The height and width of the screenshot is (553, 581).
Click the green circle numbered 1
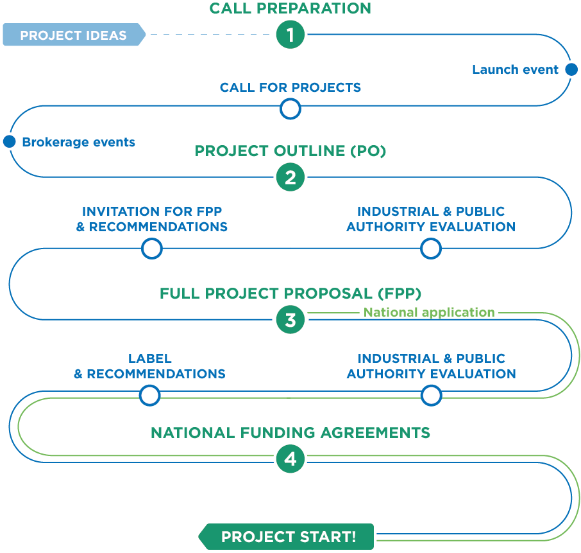pyautogui.click(x=290, y=35)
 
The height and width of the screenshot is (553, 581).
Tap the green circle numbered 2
pyautogui.click(x=290, y=177)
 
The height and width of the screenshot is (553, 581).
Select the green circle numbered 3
pyautogui.click(x=290, y=319)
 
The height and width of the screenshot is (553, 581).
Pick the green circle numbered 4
pyautogui.click(x=290, y=459)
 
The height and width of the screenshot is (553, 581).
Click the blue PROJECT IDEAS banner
pyautogui.click(x=73, y=35)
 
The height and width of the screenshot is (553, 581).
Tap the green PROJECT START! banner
pyautogui.click(x=287, y=536)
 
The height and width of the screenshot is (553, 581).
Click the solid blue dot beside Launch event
pyautogui.click(x=571, y=70)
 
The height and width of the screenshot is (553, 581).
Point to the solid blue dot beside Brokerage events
pyautogui.click(x=9, y=141)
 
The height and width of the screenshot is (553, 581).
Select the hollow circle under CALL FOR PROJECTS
pyautogui.click(x=290, y=109)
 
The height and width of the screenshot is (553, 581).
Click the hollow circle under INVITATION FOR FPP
pyautogui.click(x=151, y=248)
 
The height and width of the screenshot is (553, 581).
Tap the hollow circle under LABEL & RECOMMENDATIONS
pyautogui.click(x=149, y=395)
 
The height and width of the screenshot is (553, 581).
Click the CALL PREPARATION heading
pyautogui.click(x=290, y=8)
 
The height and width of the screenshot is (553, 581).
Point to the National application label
pyautogui.click(x=429, y=313)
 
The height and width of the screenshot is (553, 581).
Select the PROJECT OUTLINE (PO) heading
pyautogui.click(x=290, y=151)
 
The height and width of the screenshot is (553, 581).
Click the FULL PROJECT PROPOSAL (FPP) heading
pyautogui.click(x=290, y=294)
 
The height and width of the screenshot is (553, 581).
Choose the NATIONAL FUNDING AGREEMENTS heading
pyautogui.click(x=290, y=433)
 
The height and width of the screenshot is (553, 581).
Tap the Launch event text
pyautogui.click(x=515, y=70)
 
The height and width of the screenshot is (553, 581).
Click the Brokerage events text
pyautogui.click(x=78, y=142)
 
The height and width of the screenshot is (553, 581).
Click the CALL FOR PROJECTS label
pyautogui.click(x=290, y=87)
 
